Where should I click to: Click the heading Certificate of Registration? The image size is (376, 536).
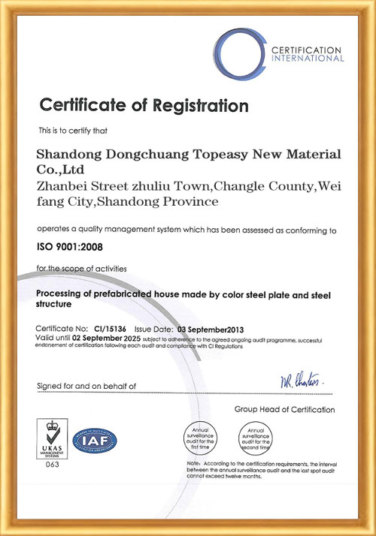144,104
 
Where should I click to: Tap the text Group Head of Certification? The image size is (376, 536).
285,409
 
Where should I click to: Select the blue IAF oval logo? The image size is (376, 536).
95,440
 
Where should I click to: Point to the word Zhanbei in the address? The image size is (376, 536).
61,185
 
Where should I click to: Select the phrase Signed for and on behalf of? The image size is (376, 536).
86,386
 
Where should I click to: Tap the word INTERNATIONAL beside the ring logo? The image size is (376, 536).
308,58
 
